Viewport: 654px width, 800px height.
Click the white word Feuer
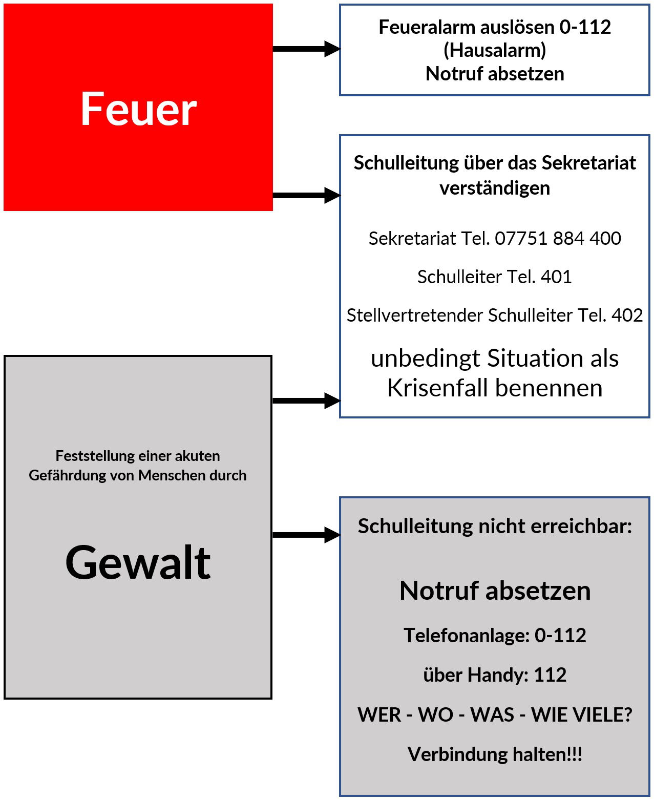pyautogui.click(x=138, y=109)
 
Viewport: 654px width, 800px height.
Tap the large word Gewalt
pyautogui.click(x=138, y=562)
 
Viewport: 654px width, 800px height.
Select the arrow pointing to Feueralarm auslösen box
pyautogui.click(x=306, y=49)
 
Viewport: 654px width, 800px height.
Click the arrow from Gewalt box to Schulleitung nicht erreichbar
pyautogui.click(x=306, y=535)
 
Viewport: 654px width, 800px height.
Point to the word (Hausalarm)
pyautogui.click(x=495, y=50)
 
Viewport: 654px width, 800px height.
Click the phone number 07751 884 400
pyautogui.click(x=558, y=238)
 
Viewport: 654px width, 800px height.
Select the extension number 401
pyautogui.click(x=556, y=277)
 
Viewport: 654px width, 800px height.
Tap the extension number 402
pyautogui.click(x=627, y=315)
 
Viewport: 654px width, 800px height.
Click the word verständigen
pyautogui.click(x=495, y=188)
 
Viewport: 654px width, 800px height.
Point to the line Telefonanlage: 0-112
pyautogui.click(x=495, y=635)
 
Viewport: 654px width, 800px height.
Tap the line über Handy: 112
pyautogui.click(x=495, y=675)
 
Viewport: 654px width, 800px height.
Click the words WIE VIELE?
pyautogui.click(x=582, y=714)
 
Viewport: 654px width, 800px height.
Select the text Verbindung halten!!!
pyautogui.click(x=495, y=754)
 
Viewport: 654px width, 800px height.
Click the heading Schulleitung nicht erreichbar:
pyautogui.click(x=495, y=526)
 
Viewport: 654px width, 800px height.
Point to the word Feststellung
pyautogui.click(x=87, y=456)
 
